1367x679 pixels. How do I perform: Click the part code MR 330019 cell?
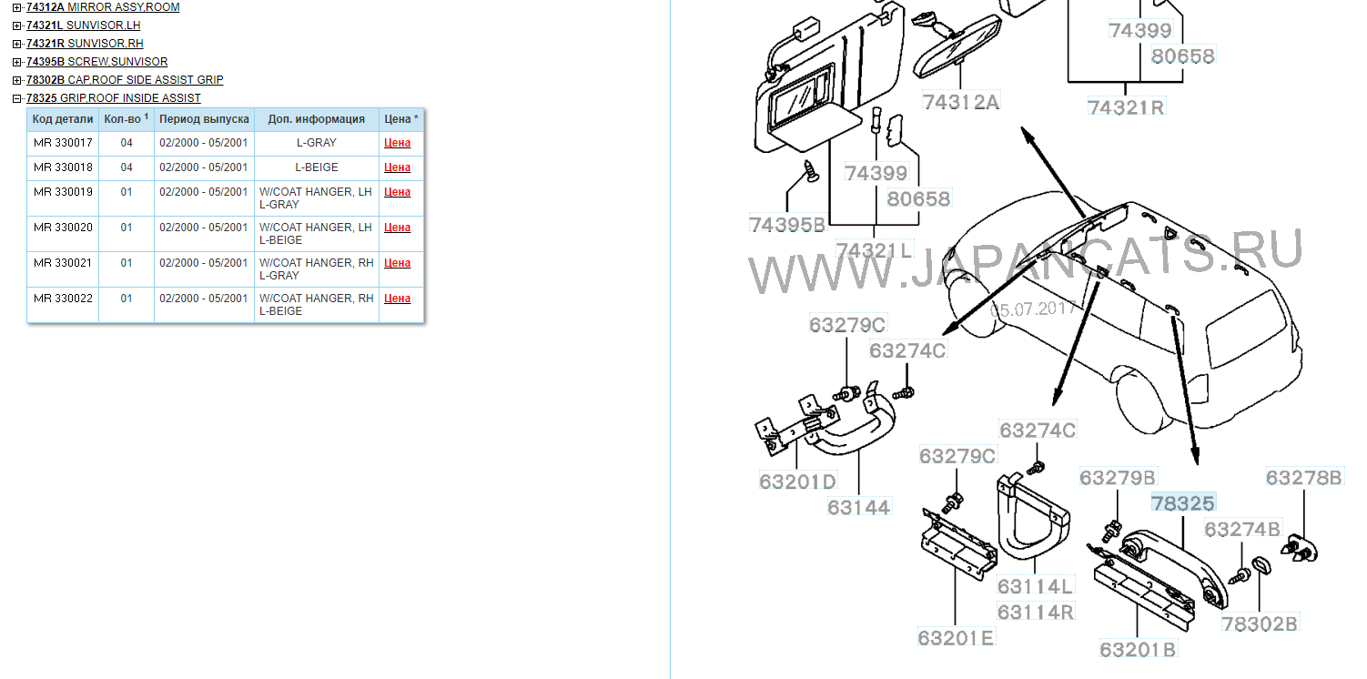click(x=63, y=191)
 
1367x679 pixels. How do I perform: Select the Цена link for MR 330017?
click(x=398, y=143)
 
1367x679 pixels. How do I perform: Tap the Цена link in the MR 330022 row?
click(x=398, y=299)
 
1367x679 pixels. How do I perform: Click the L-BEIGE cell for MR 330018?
click(x=316, y=167)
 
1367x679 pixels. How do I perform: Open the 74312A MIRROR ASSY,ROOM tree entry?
click(x=103, y=7)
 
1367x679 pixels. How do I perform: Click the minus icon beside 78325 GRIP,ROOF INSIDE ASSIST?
click(x=17, y=98)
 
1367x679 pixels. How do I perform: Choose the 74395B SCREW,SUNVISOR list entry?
click(x=96, y=62)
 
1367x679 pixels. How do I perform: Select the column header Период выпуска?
click(x=204, y=119)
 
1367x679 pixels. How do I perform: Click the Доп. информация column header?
click(x=316, y=119)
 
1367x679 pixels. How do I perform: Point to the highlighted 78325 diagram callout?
click(x=1182, y=502)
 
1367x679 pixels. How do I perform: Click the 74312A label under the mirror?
click(x=960, y=102)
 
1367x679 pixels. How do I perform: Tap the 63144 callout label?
click(x=858, y=507)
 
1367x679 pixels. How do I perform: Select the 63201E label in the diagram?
click(x=956, y=637)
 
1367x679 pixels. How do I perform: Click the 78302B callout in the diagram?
click(x=1260, y=623)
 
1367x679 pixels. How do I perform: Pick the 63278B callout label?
click(x=1304, y=477)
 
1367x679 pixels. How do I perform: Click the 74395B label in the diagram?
click(x=787, y=225)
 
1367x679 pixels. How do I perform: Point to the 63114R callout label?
click(x=1035, y=612)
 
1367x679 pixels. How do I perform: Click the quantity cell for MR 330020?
click(x=127, y=228)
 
